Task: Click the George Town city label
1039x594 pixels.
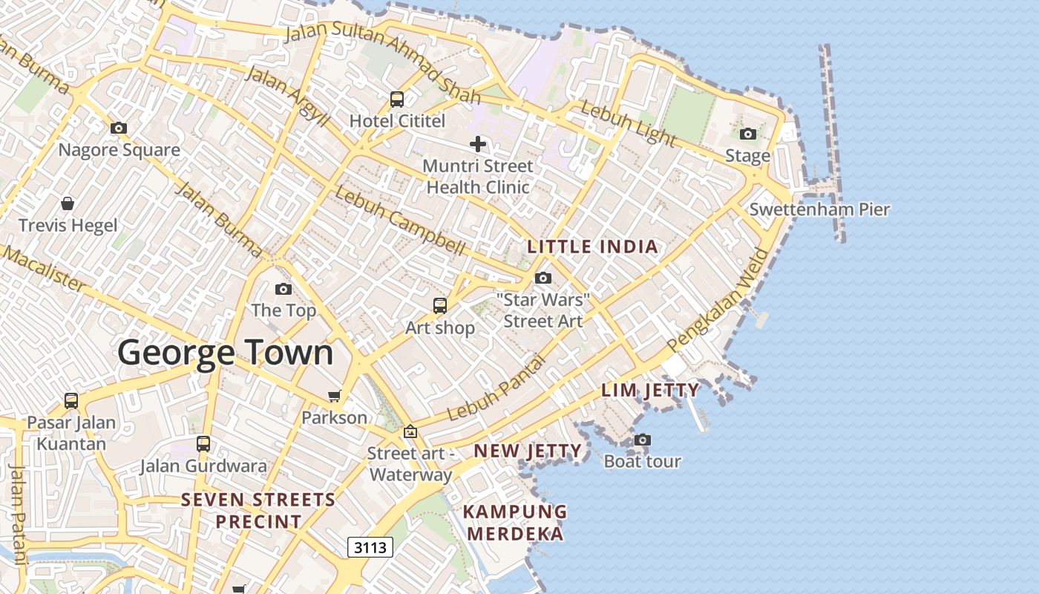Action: tap(226, 352)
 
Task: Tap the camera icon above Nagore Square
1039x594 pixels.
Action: tap(119, 128)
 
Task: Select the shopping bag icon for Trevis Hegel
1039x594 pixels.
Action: tap(68, 203)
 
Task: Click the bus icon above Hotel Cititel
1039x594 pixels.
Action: tap(397, 99)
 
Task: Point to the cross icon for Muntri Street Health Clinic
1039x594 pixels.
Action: tap(478, 144)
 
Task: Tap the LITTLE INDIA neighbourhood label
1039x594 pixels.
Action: tap(592, 247)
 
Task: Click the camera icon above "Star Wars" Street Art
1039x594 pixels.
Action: tap(543, 278)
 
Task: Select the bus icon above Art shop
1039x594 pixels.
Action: tap(440, 306)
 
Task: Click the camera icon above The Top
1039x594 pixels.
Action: tap(283, 290)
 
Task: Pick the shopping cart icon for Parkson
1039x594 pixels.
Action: tap(335, 396)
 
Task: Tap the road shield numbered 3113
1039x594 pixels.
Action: tap(370, 548)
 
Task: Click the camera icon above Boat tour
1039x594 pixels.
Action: tap(643, 440)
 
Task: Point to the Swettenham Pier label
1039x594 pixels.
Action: tap(819, 209)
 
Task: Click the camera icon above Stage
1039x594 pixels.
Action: tap(748, 134)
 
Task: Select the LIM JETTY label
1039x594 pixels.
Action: tap(650, 391)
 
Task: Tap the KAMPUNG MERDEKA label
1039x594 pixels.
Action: tap(515, 523)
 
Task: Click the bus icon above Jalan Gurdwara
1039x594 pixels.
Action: tap(203, 444)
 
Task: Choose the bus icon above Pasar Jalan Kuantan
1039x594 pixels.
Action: tap(71, 401)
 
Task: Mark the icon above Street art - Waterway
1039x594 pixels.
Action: tap(410, 431)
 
